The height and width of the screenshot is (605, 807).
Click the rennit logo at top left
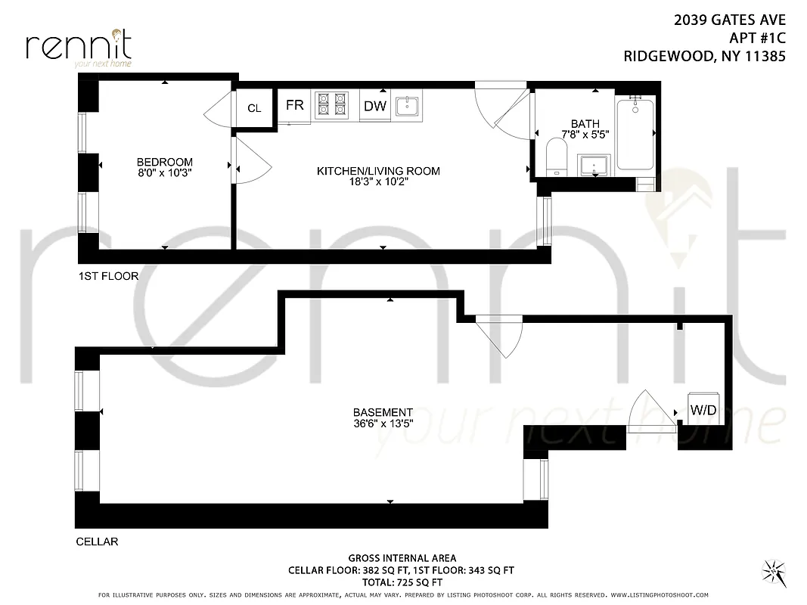tap(79, 47)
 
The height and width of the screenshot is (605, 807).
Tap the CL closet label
tap(254, 108)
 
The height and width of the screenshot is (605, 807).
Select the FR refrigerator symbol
tap(295, 106)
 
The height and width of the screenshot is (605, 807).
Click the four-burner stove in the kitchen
tap(331, 105)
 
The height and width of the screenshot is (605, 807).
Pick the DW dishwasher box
tap(375, 106)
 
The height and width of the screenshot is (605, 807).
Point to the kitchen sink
tap(408, 106)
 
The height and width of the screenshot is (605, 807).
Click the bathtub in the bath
tap(636, 134)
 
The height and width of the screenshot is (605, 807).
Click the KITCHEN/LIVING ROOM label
tap(378, 171)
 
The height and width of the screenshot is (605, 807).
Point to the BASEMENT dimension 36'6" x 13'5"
tap(383, 424)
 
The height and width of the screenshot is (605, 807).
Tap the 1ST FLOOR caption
tap(108, 276)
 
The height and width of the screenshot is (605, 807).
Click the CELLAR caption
tap(97, 541)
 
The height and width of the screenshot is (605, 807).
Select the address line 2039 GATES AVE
tap(729, 21)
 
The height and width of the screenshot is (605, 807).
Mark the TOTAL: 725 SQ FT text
tap(402, 582)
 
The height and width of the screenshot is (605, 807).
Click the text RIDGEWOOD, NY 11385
tap(704, 55)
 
